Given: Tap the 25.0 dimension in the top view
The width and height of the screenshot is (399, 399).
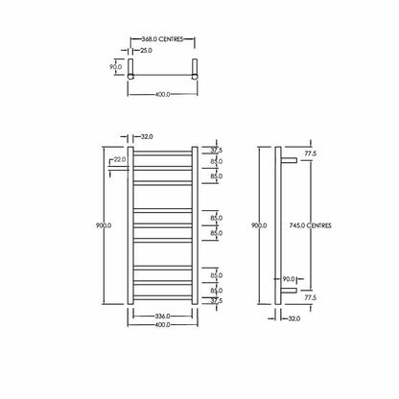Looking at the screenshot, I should click(x=145, y=50).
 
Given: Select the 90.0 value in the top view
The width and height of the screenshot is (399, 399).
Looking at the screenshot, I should click(x=115, y=67).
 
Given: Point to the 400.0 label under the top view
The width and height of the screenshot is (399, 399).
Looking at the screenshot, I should click(x=162, y=94).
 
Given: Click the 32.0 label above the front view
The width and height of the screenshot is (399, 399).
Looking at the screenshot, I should click(x=148, y=136).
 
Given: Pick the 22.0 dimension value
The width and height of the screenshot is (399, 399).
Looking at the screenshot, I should click(x=119, y=159).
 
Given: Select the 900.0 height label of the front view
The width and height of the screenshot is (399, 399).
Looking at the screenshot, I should click(x=104, y=224).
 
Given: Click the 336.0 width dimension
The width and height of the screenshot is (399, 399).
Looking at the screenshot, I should click(x=162, y=315).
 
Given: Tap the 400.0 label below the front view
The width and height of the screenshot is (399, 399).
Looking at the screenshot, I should click(x=162, y=325).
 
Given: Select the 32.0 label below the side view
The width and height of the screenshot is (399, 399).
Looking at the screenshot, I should click(x=293, y=317).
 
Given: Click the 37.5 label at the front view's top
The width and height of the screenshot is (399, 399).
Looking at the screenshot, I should click(x=216, y=151).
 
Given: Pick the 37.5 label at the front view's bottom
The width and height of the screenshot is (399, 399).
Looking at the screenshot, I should click(x=216, y=300).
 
